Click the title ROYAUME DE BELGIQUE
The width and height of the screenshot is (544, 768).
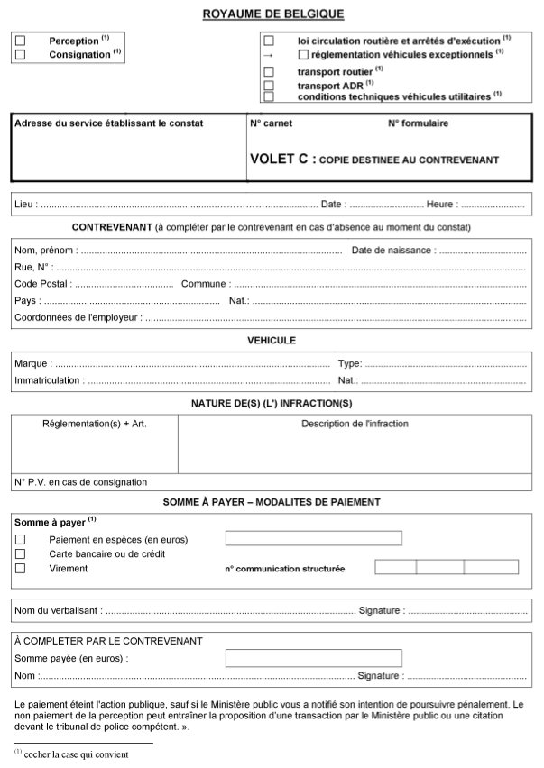pos(273,14)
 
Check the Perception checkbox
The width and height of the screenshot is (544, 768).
pos(21,41)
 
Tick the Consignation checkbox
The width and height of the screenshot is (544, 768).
pos(21,54)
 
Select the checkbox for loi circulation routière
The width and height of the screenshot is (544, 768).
pos(268,41)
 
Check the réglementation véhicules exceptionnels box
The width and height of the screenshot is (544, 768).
pos(302,54)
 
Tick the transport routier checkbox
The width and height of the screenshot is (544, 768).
pos(268,71)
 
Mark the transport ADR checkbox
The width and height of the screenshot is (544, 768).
pos(268,85)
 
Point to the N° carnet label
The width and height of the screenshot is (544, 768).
pos(271,123)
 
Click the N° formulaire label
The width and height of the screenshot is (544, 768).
pos(418,123)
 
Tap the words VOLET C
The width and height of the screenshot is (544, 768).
pos(279,160)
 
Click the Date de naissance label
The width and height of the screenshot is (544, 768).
pos(392,250)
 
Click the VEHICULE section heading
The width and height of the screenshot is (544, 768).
pos(272,341)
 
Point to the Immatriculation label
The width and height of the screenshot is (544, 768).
pos(49,381)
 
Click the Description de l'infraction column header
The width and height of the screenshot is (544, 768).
pos(355,424)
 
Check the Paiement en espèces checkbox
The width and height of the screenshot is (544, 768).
pos(21,539)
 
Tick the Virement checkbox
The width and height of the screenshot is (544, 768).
pos(21,569)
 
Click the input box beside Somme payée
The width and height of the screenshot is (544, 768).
pos(313,658)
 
